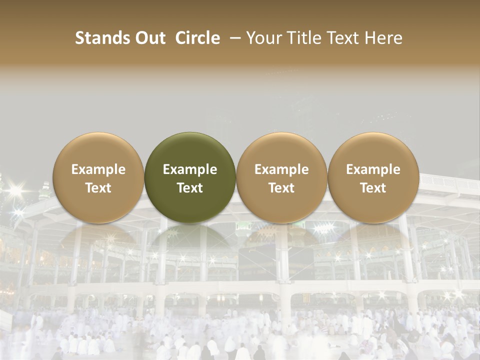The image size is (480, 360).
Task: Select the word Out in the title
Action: point(149,38)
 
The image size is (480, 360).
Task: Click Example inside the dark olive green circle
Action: point(190,169)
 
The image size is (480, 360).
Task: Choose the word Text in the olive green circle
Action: point(190,188)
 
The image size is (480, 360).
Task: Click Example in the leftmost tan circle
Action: point(98,169)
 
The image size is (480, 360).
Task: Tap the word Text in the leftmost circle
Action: point(98,188)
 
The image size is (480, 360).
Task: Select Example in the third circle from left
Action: point(281,169)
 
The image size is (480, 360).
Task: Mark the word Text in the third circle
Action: point(281,188)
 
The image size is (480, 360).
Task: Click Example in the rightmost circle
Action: point(373,169)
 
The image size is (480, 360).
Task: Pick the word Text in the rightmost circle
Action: point(373,188)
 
